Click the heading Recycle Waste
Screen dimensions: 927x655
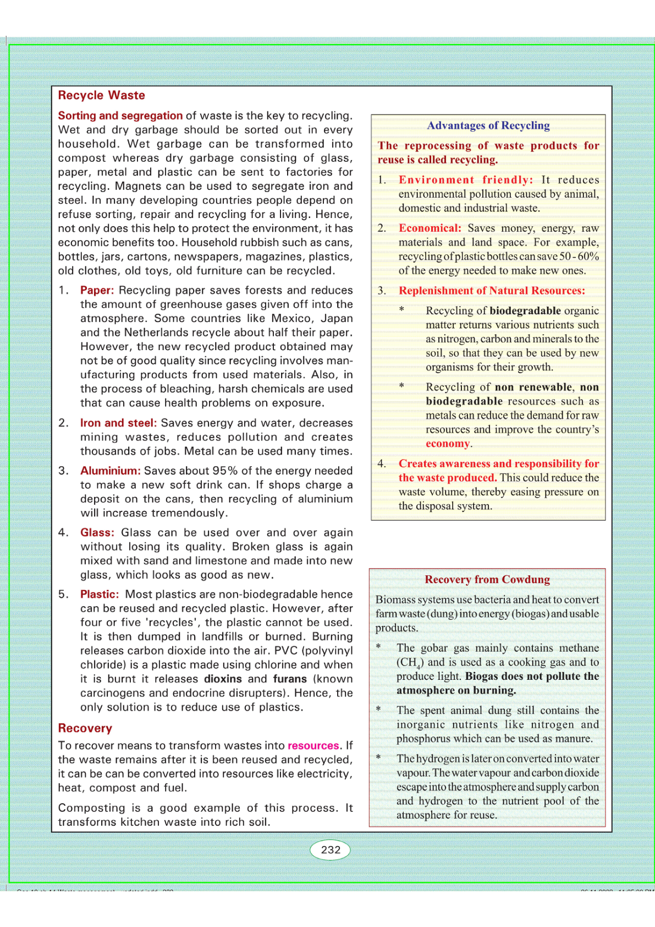(102, 95)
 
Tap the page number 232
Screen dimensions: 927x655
(331, 849)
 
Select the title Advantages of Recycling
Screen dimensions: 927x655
(488, 126)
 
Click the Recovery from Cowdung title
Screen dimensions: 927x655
(487, 579)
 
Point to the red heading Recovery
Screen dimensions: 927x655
(85, 728)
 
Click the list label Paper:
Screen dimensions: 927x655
(97, 290)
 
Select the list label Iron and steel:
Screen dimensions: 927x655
(119, 423)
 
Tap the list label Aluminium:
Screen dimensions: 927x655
(111, 471)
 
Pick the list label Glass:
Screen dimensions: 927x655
(97, 532)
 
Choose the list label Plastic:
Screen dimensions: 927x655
(100, 594)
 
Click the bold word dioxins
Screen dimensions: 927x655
(223, 679)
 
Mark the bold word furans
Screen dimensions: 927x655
(290, 679)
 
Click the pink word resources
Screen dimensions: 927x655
(313, 745)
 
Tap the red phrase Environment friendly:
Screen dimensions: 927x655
(466, 180)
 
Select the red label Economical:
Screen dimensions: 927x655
(430, 228)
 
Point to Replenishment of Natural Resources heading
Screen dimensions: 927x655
(492, 291)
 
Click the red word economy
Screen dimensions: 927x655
(448, 444)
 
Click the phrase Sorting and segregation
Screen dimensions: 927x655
(120, 116)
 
